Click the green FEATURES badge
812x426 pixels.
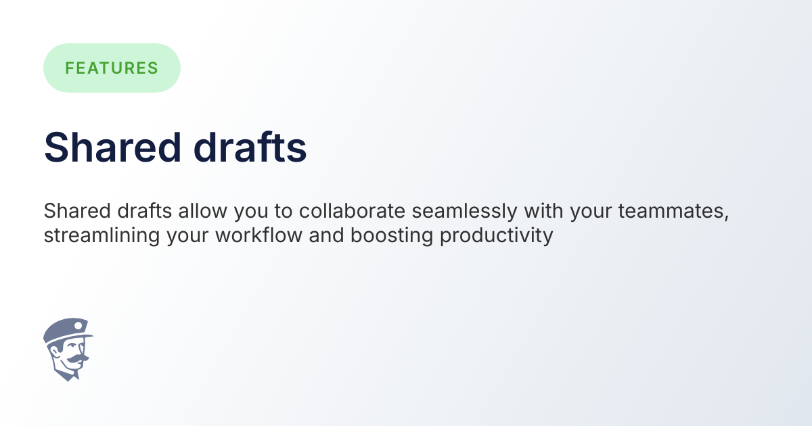112,68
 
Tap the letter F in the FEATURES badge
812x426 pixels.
70,68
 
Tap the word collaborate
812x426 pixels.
352,212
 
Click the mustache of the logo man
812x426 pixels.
75,356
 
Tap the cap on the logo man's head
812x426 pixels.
66,331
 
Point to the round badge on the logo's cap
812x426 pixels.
78,326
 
